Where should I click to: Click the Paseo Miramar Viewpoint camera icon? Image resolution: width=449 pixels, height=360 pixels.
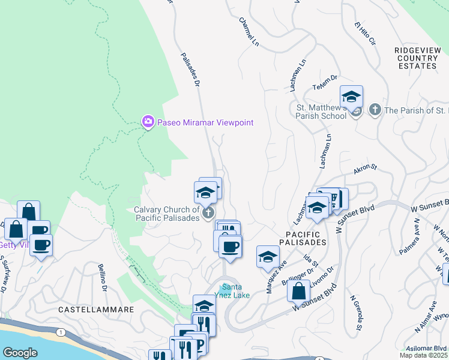tap(148, 122)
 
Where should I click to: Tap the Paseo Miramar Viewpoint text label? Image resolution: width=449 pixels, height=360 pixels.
tap(205, 122)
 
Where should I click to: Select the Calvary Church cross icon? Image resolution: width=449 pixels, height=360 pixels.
tap(208, 212)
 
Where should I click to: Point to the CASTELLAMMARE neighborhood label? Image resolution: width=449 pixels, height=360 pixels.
tap(88, 309)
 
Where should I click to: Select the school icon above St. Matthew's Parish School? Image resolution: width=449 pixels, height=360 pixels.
tap(351, 96)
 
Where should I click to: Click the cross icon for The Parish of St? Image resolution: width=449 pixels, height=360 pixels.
tap(375, 110)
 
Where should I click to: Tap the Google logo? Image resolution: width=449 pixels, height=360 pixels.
tap(20, 352)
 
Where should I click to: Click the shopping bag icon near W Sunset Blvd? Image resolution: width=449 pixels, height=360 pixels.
tap(298, 291)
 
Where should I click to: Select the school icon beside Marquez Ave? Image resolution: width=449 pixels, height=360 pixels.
tap(268, 256)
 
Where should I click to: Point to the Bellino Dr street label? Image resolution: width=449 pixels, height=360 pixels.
tap(103, 278)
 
